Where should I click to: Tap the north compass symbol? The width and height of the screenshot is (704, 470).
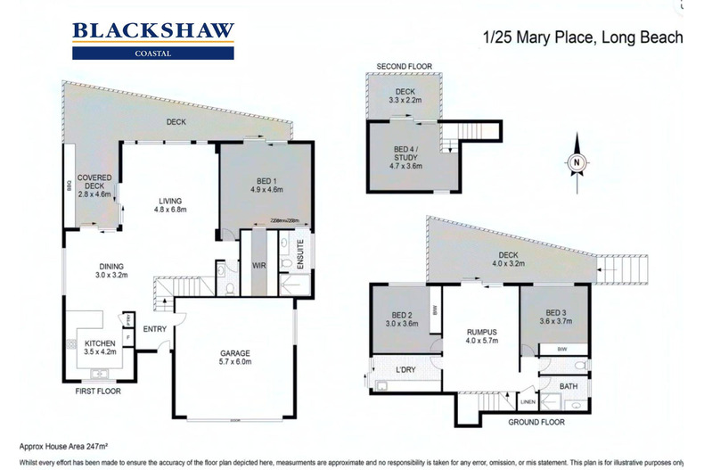point(577,161)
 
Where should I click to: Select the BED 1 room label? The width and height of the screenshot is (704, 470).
point(265,184)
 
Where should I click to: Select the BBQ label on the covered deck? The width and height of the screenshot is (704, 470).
point(68,188)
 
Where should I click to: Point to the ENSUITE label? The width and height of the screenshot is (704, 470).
point(300,251)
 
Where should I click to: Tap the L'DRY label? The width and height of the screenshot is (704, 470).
point(405,367)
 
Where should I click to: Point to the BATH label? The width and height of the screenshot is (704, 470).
point(567,386)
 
